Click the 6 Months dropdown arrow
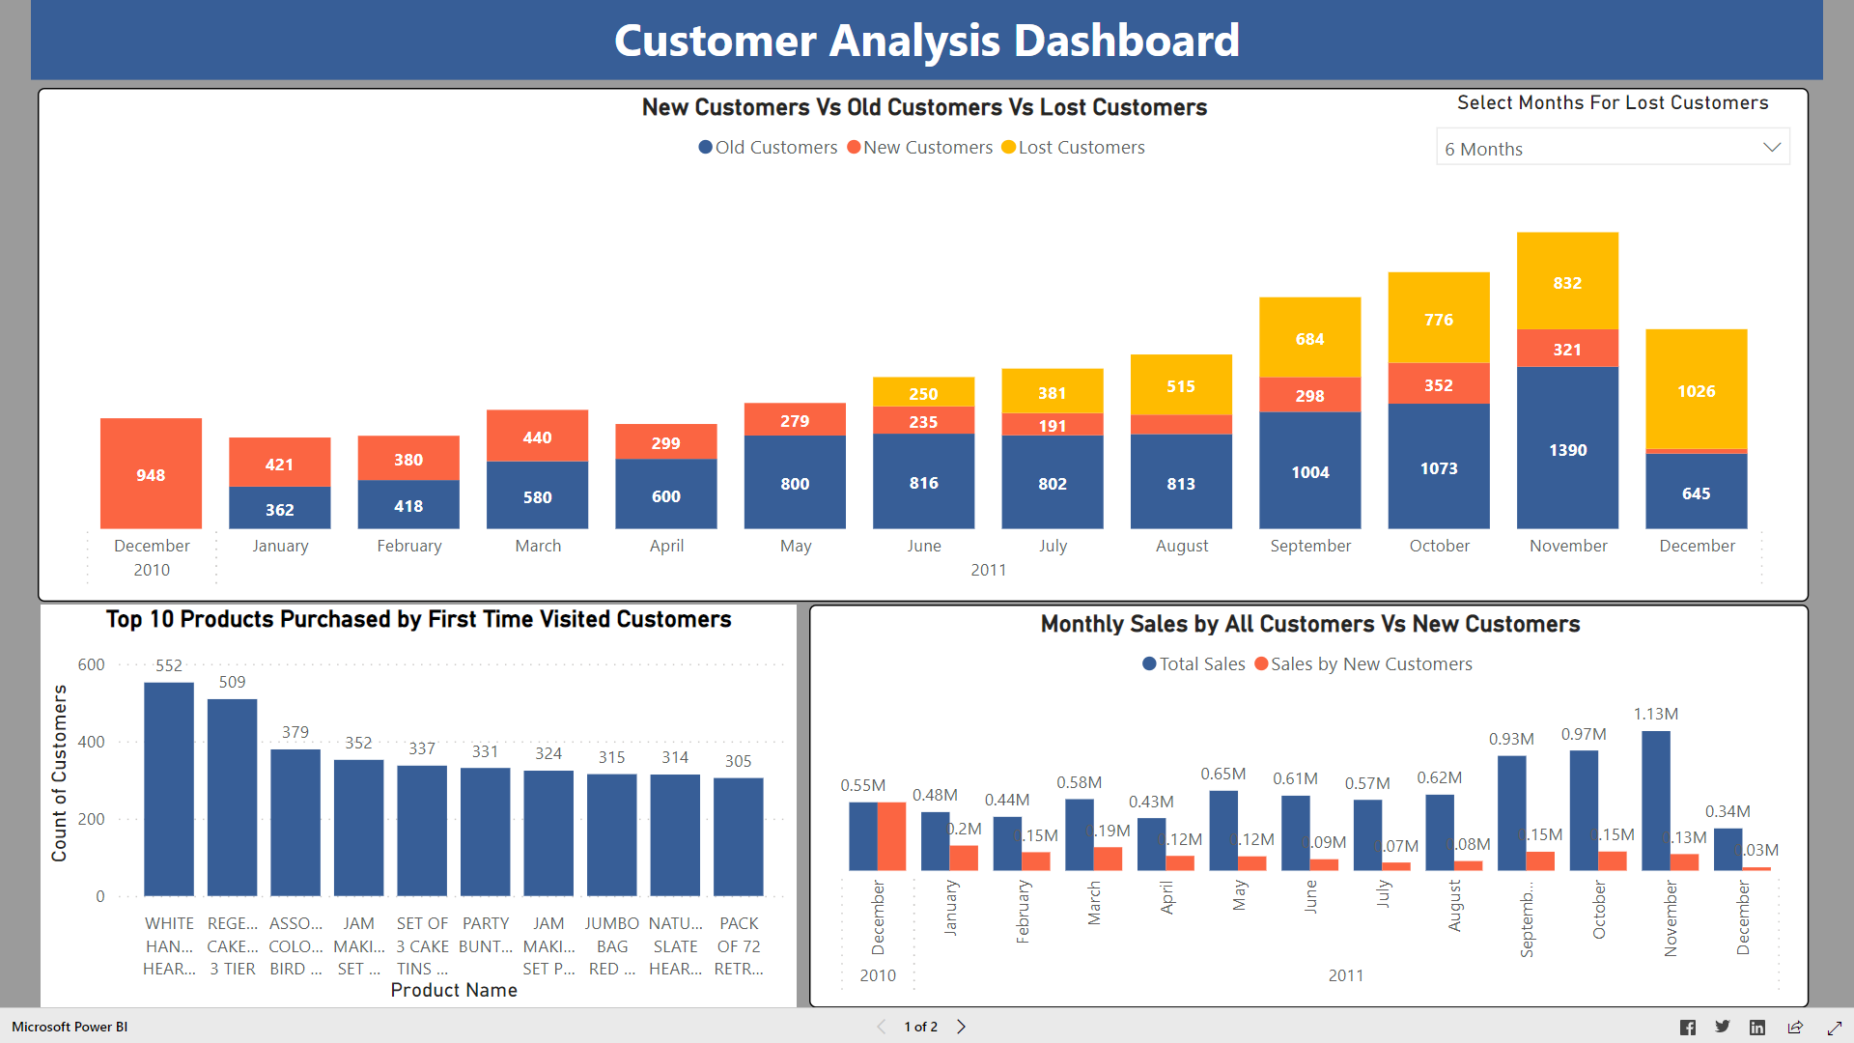tap(1771, 148)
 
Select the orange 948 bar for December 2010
tap(151, 473)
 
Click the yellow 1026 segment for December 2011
tap(1696, 389)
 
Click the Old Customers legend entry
tap(768, 148)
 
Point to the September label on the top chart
tap(1310, 546)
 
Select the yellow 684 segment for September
tap(1309, 337)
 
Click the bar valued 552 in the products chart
tap(169, 788)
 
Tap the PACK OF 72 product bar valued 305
tap(738, 836)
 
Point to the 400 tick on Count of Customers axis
tap(92, 742)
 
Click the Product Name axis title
tap(454, 990)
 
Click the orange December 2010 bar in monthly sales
tap(891, 836)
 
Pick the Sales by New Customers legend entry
tap(1363, 664)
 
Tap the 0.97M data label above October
tap(1584, 735)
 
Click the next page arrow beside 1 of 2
tap(961, 1027)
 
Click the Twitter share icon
tap(1723, 1027)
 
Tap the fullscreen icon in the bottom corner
tap(1834, 1028)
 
